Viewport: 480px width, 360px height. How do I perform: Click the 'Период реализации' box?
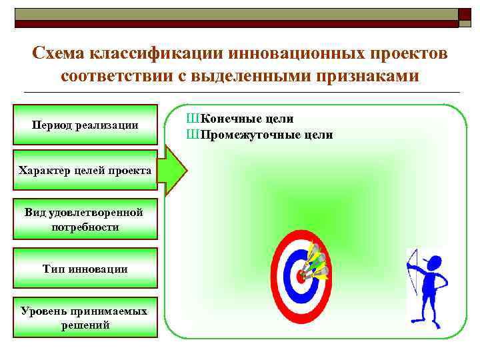85,125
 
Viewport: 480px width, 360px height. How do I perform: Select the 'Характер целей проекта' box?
85,172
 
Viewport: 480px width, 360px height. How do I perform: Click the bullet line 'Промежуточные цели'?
260,135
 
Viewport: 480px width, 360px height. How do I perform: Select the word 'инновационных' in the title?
293,53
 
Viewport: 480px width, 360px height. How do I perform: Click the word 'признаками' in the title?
363,75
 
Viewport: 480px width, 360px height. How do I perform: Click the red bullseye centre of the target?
300,277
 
